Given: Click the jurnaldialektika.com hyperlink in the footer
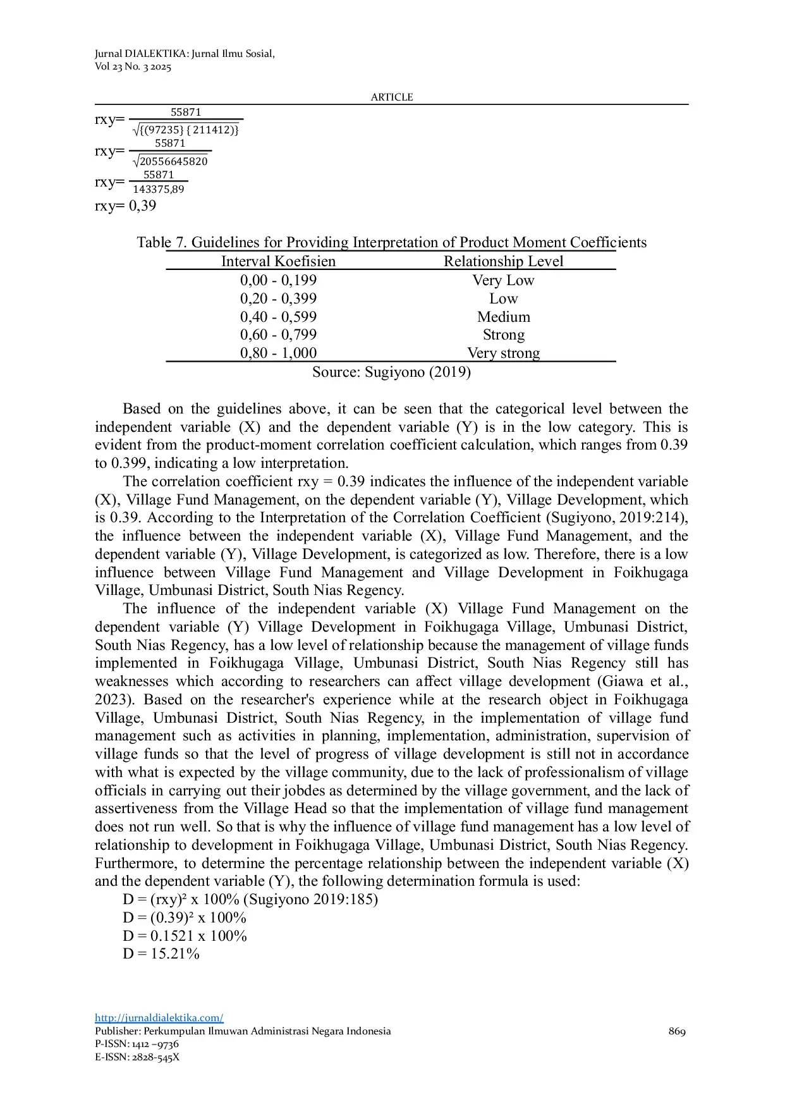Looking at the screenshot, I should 159,1018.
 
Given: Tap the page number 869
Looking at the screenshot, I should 677,1031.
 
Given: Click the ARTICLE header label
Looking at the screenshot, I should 392,97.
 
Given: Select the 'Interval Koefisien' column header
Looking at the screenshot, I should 278,261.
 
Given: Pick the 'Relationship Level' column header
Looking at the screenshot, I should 503,261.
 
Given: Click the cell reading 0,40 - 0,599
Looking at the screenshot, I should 278,317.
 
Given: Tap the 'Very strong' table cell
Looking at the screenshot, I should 503,353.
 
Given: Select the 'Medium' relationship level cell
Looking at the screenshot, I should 503,317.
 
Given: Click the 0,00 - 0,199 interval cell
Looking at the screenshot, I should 278,280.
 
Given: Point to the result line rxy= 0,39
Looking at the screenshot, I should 126,205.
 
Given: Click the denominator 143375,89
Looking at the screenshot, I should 158,190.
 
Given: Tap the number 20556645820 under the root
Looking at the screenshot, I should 173,161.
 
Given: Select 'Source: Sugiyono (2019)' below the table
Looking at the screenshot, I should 391,372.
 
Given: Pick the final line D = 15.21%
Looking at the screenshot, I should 161,953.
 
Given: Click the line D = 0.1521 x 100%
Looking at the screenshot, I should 185,936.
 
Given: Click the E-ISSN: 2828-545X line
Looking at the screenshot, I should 137,1057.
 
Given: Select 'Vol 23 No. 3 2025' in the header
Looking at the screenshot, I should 133,67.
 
